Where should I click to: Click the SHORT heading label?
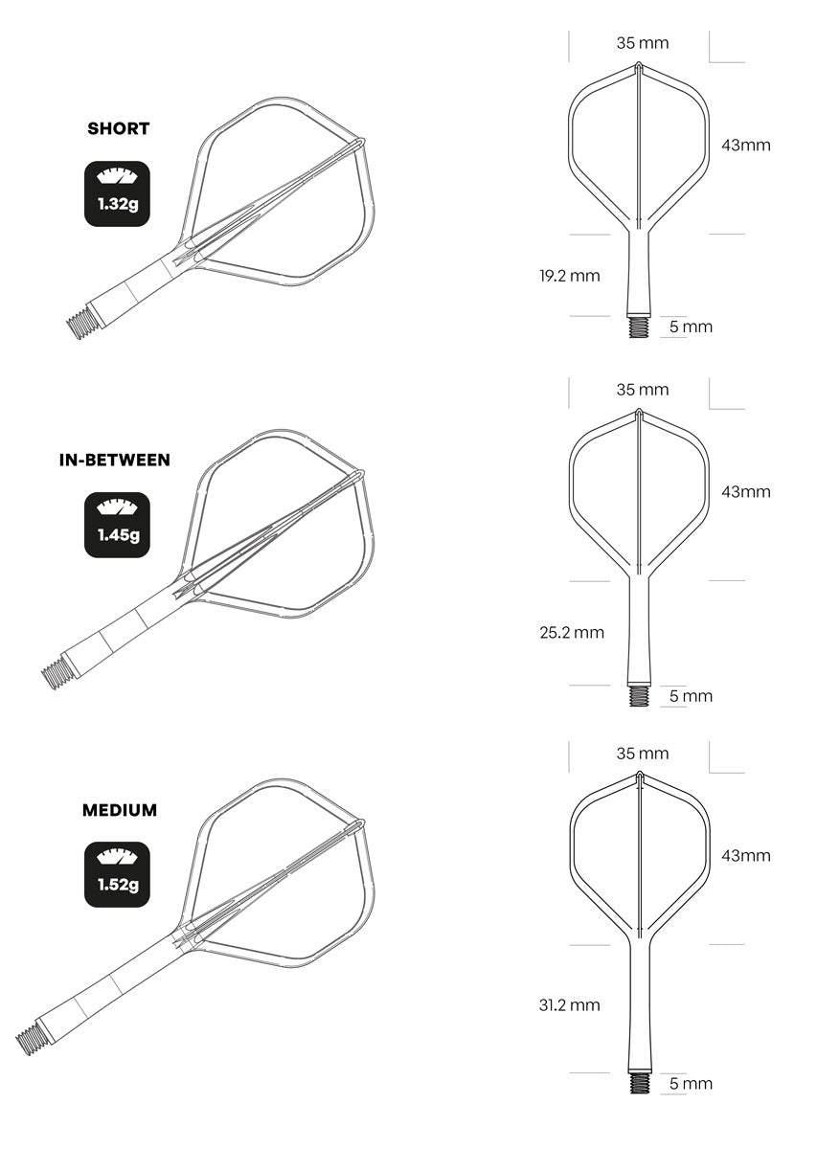coord(119,128)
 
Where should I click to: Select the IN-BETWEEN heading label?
coord(114,460)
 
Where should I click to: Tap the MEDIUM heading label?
coord(120,810)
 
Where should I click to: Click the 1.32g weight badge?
coord(118,193)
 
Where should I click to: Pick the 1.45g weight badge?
coord(118,525)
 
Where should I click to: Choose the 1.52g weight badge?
coord(118,874)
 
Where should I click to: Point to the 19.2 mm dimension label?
coord(569,276)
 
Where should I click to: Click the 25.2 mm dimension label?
coord(573,632)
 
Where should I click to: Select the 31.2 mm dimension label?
coord(569,1004)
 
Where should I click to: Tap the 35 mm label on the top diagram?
coord(642,43)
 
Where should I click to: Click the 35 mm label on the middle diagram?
coord(642,390)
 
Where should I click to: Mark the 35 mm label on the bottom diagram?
coord(642,754)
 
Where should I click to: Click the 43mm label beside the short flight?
coord(745,146)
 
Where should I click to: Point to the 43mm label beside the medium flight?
coord(745,855)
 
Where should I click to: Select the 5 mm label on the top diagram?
coord(691,327)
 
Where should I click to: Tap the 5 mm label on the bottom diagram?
coord(691,1084)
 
